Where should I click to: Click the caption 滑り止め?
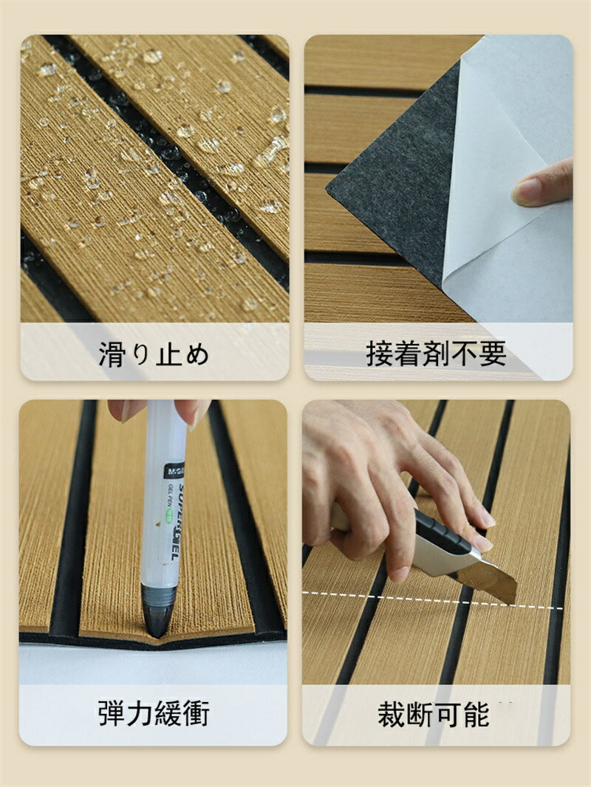pyautogui.click(x=154, y=354)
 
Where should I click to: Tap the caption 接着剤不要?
pyautogui.click(x=436, y=354)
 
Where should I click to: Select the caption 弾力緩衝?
pyautogui.click(x=154, y=712)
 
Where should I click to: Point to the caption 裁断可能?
pyautogui.click(x=434, y=714)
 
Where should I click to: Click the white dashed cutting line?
pyautogui.click(x=432, y=600)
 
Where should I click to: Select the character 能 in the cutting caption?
pyautogui.click(x=476, y=714)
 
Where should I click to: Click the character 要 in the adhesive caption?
pyautogui.click(x=493, y=354)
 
